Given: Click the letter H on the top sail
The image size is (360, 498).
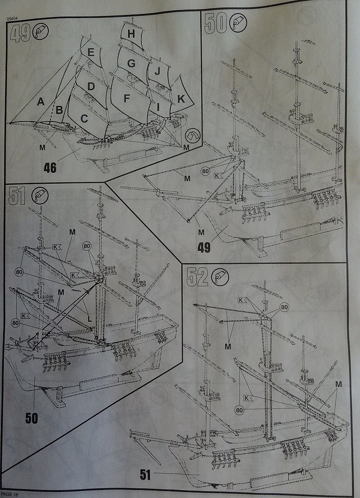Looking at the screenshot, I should (x=131, y=34).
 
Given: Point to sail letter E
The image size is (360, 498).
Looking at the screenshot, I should (x=91, y=52).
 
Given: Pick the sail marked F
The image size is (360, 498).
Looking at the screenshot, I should (x=126, y=99).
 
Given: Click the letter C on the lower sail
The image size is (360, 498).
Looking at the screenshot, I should (x=84, y=119).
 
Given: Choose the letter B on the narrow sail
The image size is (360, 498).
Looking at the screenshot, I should (x=59, y=110).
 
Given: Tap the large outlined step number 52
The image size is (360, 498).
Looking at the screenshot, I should (x=196, y=277).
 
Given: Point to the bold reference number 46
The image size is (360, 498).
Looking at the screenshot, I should (x=50, y=167).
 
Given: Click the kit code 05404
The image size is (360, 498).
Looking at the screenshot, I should (x=13, y=18).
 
